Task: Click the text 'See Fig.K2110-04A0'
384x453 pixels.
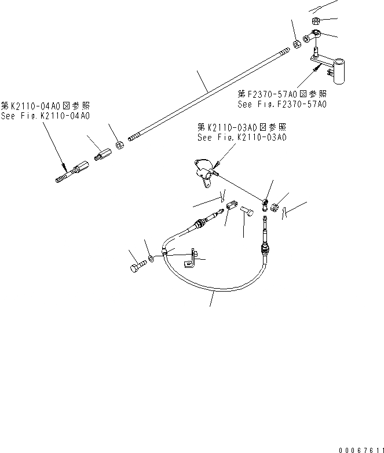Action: tap(45, 116)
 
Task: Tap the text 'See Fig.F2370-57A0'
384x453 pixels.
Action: tap(282, 105)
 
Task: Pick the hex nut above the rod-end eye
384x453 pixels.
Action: tap(316, 21)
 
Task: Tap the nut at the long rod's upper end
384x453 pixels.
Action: tap(297, 44)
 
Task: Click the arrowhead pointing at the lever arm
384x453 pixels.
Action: tap(316, 68)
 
